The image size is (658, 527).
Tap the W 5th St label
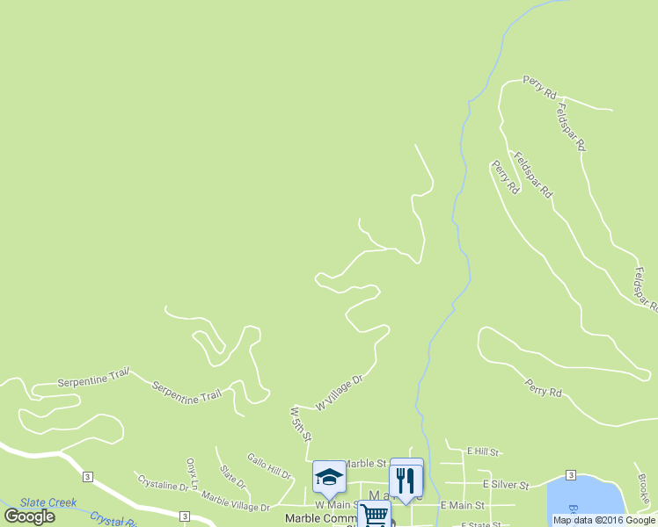(301, 423)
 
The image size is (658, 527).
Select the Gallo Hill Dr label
(269, 466)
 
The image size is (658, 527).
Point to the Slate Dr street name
(233, 477)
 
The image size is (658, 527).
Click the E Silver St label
(506, 484)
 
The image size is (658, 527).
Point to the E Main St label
(463, 505)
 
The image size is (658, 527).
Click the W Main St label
(335, 505)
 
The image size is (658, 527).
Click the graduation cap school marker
(329, 477)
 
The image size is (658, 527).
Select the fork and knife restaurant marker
(406, 480)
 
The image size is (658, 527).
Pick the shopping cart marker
(374, 515)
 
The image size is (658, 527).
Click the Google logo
(30, 516)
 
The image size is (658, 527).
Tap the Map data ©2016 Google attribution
(604, 520)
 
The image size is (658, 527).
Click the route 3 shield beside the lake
(571, 475)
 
